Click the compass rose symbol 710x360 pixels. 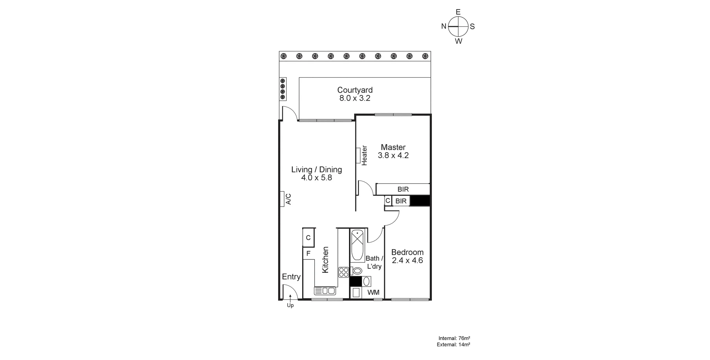coord(458,27)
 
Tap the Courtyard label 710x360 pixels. coord(355,90)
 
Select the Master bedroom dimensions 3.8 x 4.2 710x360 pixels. coord(393,156)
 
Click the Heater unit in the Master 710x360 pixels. coord(358,155)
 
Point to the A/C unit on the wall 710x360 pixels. coord(282,199)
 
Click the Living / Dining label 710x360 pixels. coord(316,170)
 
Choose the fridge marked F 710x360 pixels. coord(308,254)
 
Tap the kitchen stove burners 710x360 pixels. coord(344,272)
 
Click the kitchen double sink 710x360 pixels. coord(325,291)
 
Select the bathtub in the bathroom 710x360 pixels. coord(357,245)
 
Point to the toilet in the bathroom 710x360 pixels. coord(356,271)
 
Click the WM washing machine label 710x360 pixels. coord(373,292)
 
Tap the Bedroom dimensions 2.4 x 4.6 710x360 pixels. coord(407,261)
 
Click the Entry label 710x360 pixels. coord(291,277)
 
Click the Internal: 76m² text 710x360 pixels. coord(454,338)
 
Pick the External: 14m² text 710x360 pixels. coord(453,345)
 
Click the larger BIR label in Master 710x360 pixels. coord(403,189)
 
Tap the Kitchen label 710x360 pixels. coord(325,260)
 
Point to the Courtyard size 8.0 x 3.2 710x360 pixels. coord(355,98)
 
